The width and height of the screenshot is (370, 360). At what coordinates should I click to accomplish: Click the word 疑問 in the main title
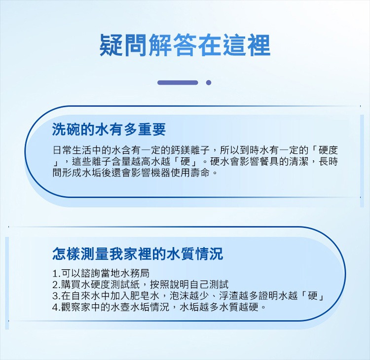tap(124, 45)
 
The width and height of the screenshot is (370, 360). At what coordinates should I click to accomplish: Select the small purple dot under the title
tap(208, 82)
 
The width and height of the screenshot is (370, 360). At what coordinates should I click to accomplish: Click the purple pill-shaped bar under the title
tap(178, 82)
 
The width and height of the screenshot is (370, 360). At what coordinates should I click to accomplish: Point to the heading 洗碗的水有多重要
tap(109, 130)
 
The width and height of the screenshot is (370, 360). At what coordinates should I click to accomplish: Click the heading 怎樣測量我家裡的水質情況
tap(138, 253)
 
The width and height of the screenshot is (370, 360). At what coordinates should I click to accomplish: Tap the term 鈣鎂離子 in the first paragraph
tap(190, 150)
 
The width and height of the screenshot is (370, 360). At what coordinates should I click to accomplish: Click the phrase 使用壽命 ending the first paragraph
tap(190, 173)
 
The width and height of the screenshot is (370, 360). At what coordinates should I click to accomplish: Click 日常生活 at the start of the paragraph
tap(72, 150)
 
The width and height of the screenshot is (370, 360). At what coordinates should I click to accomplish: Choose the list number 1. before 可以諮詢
tap(56, 273)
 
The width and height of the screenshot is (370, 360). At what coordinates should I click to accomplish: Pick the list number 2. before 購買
tap(56, 285)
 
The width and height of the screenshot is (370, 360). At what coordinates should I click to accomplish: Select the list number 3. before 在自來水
tap(56, 296)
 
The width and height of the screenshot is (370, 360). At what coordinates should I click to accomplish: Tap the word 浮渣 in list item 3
tap(229, 296)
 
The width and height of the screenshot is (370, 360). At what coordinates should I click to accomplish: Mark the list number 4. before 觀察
tap(56, 307)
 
